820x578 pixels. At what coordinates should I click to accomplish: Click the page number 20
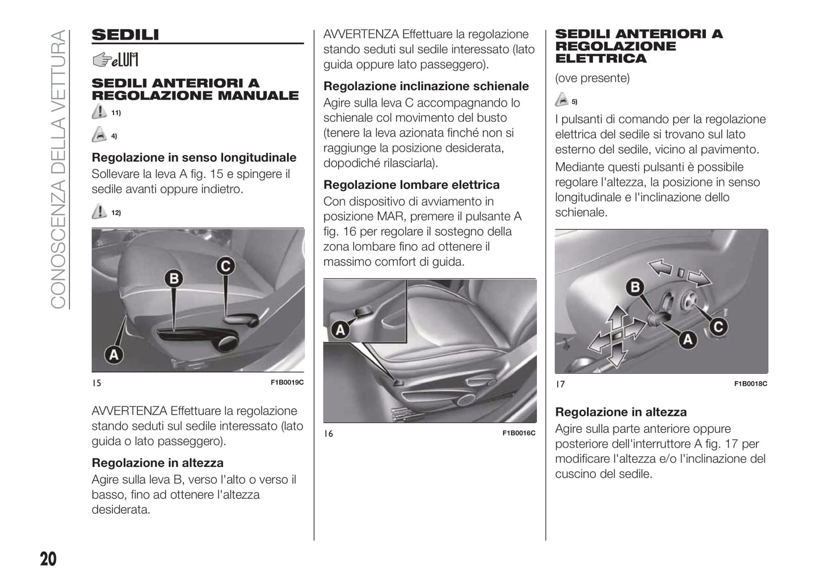[x=48, y=559]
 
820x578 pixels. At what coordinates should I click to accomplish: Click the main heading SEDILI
[x=125, y=35]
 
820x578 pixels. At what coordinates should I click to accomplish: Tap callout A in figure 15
[x=114, y=355]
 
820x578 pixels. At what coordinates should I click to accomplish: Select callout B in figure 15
[x=174, y=279]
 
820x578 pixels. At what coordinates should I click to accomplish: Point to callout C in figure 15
[x=225, y=266]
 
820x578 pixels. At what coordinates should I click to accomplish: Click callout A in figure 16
[x=340, y=330]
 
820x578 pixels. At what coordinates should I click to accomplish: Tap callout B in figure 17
[x=635, y=287]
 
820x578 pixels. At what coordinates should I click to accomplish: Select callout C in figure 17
[x=718, y=327]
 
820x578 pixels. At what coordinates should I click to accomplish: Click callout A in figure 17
[x=688, y=339]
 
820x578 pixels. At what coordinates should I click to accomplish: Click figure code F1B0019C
[x=287, y=383]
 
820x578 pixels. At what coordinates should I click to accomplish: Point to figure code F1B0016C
[x=519, y=433]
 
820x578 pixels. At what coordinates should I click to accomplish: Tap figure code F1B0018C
[x=750, y=384]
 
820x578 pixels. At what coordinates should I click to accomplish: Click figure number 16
[x=329, y=433]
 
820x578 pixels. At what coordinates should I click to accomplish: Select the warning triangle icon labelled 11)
[x=99, y=112]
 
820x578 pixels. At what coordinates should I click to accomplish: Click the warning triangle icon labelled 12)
[x=99, y=212]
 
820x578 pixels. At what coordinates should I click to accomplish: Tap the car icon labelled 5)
[x=561, y=100]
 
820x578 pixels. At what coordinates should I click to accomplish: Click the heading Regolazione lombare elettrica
[x=411, y=185]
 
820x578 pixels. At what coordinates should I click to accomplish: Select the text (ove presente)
[x=592, y=78]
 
